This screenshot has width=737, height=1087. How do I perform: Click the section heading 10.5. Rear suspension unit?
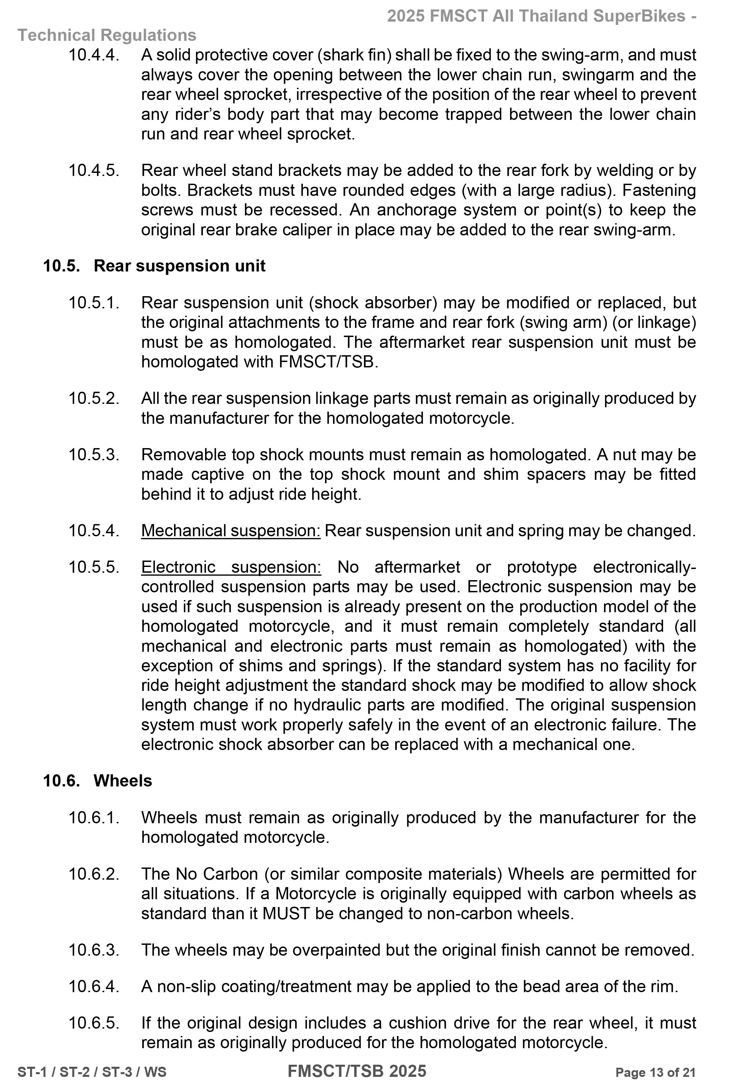pos(154,266)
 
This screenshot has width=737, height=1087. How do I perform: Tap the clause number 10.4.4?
pos(94,55)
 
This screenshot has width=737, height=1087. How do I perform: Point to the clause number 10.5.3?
pos(94,455)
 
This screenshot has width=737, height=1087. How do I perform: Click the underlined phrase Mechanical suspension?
pos(231,530)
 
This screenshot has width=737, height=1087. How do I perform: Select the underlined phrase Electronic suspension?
pos(231,567)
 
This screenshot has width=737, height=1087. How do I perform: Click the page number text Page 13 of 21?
pos(655,1072)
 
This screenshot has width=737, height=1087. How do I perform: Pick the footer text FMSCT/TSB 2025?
pos(357,1071)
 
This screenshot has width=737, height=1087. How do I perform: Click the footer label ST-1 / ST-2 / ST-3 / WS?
pos(92,1072)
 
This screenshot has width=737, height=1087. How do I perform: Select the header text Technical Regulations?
pos(107,35)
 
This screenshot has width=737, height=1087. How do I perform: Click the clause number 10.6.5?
pos(94,1023)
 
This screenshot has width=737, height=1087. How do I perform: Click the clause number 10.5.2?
pos(94,398)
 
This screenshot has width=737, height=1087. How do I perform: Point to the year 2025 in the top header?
pos(406,16)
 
